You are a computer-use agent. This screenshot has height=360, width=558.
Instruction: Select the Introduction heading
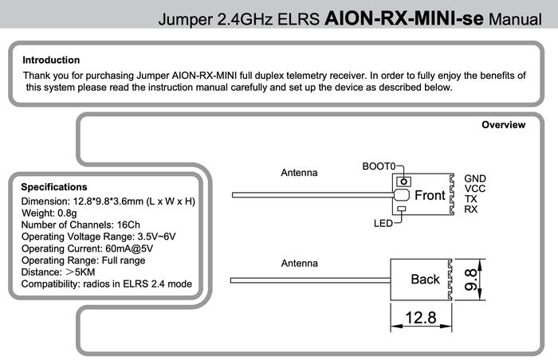[x=51, y=60]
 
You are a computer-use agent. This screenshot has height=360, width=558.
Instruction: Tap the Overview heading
[x=504, y=125]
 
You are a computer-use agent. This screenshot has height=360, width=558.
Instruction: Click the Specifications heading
[x=54, y=187]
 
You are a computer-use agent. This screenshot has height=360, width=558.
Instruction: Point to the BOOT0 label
[x=379, y=166]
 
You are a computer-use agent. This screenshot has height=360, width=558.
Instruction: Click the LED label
[x=383, y=224]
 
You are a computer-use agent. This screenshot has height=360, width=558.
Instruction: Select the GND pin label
[x=475, y=178]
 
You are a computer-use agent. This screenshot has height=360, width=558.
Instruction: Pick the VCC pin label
[x=475, y=189]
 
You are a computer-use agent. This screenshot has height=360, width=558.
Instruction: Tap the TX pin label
[x=471, y=199]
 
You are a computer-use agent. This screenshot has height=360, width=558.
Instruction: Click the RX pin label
[x=471, y=209]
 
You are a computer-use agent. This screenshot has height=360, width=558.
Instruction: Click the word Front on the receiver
[x=430, y=196]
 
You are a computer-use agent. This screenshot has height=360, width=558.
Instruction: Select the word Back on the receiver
[x=425, y=280]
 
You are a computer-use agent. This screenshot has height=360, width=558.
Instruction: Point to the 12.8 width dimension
[x=421, y=318]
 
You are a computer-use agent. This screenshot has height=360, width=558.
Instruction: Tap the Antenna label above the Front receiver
[x=299, y=173]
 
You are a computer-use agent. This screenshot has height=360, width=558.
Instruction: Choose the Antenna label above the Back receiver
[x=299, y=263]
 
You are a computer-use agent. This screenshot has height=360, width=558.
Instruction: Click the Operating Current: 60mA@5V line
[x=87, y=248]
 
